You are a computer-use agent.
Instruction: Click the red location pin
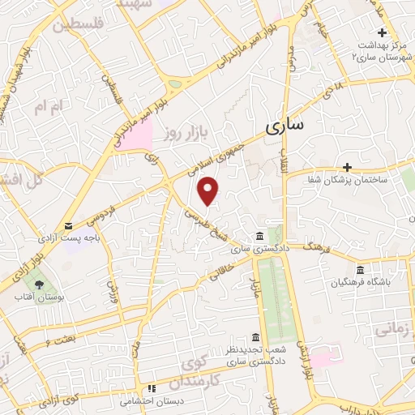209,190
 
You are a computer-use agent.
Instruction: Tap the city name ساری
285,127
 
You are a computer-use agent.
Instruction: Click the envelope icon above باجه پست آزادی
68,225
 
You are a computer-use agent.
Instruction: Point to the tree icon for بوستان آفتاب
39,284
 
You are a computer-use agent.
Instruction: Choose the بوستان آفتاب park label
39,297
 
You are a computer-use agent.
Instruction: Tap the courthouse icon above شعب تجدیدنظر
256,336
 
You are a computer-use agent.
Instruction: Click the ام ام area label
49,106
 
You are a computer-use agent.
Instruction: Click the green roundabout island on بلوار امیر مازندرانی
175,83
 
